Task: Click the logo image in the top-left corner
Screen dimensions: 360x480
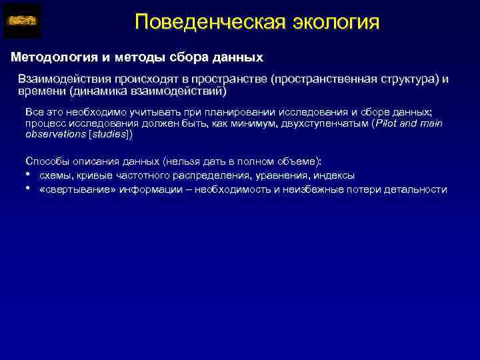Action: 22,21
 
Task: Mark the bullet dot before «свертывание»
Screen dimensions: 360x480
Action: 28,189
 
